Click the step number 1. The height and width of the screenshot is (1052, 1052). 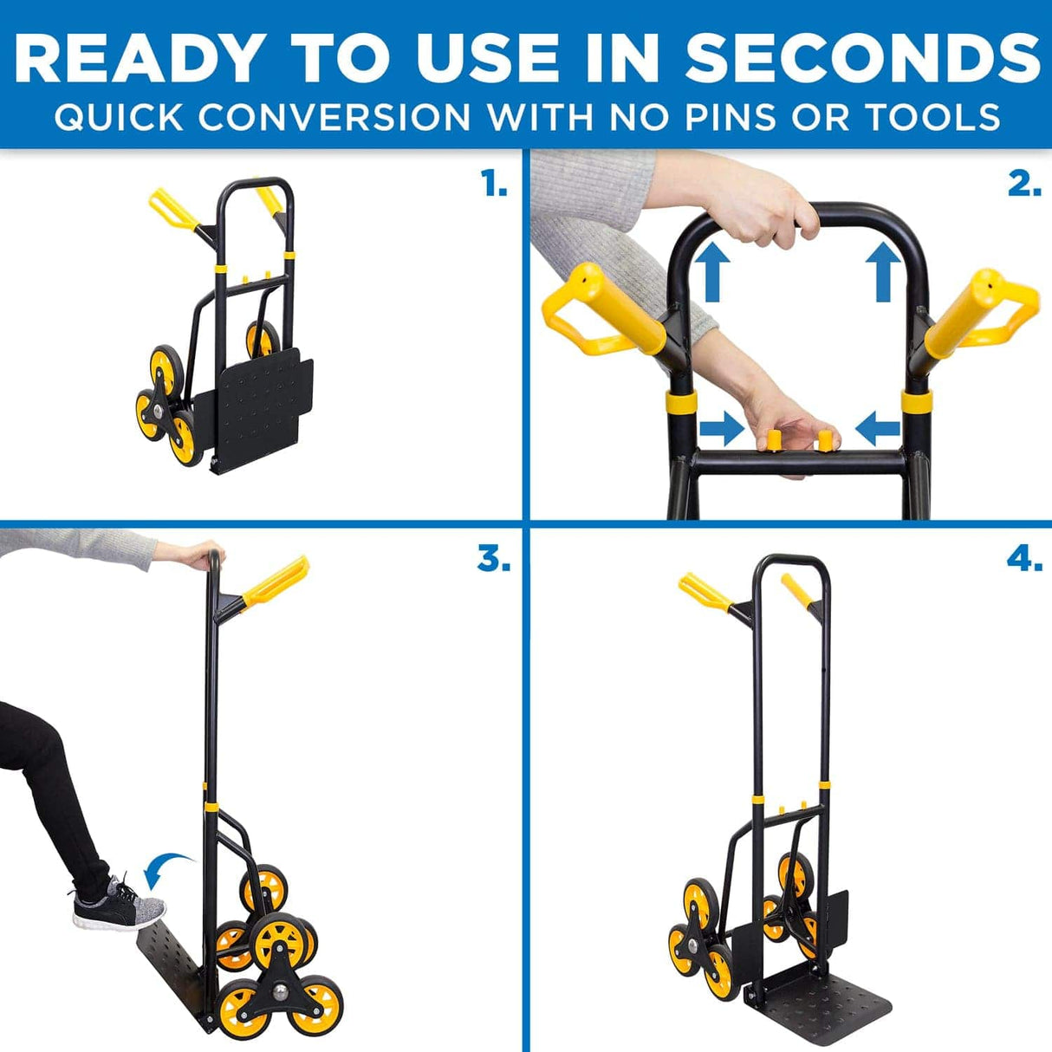tap(494, 184)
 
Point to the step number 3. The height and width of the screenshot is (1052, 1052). tap(493, 560)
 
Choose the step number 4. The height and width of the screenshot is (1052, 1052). tap(1024, 560)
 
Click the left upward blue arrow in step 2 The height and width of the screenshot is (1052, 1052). tap(712, 271)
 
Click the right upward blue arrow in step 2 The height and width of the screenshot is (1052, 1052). tap(883, 271)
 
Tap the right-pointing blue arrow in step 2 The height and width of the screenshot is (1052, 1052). tap(721, 428)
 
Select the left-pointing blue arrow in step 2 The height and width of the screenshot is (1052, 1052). tap(878, 428)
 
